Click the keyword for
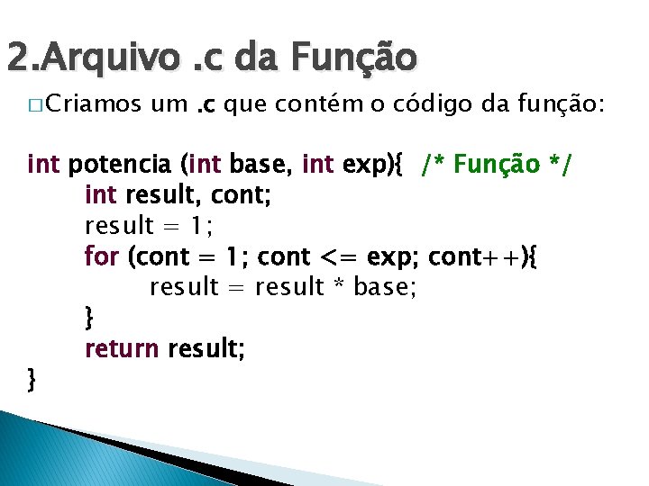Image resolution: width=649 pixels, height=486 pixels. (102, 256)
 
